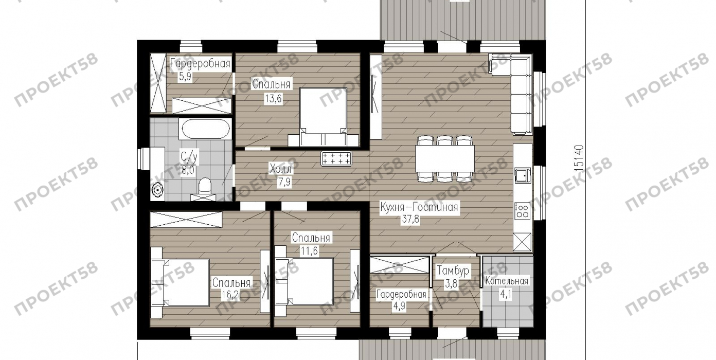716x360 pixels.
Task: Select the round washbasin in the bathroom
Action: pyautogui.click(x=158, y=190)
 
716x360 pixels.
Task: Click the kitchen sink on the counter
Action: pyautogui.click(x=523, y=175)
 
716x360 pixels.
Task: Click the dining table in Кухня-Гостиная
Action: pyautogui.click(x=445, y=158)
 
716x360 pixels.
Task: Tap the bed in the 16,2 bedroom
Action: pyautogui.click(x=181, y=282)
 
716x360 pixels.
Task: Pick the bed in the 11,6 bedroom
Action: pyautogui.click(x=305, y=281)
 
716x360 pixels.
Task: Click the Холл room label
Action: pyautogui.click(x=280, y=169)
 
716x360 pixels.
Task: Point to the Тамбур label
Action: pyautogui.click(x=453, y=271)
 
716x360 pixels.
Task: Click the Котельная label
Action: pyautogui.click(x=507, y=281)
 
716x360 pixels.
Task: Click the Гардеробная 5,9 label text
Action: pyautogui.click(x=200, y=64)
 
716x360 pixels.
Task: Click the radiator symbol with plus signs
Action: pyautogui.click(x=336, y=158)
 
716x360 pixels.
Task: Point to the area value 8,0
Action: pyautogui.click(x=188, y=170)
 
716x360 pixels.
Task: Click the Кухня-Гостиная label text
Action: pyautogui.click(x=419, y=207)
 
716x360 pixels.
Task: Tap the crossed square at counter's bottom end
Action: pyautogui.click(x=522, y=242)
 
